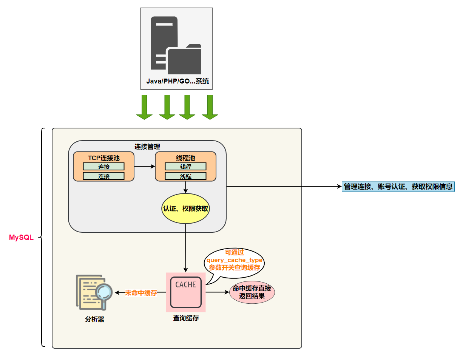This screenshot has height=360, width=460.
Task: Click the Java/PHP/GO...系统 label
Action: pyautogui.click(x=177, y=81)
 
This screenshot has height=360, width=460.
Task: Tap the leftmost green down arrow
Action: pyautogui.click(x=144, y=107)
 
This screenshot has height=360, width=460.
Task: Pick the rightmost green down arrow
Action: pyautogui.click(x=210, y=107)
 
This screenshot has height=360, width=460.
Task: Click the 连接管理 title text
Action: pyautogui.click(x=147, y=146)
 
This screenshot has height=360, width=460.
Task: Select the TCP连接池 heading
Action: pyautogui.click(x=103, y=158)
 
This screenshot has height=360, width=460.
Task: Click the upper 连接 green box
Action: pyautogui.click(x=103, y=167)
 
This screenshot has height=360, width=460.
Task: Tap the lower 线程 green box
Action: pyautogui.click(x=185, y=176)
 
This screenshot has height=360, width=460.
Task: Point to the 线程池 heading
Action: pyautogui.click(x=185, y=158)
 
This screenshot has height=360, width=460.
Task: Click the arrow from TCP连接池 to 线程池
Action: pyautogui.click(x=145, y=166)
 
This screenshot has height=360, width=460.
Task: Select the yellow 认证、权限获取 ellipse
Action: pyautogui.click(x=185, y=209)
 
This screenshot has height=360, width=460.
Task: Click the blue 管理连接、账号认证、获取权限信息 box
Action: pyautogui.click(x=398, y=187)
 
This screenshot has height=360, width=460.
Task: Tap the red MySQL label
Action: pyautogui.click(x=21, y=238)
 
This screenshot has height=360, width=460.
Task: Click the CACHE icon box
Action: pyautogui.click(x=185, y=292)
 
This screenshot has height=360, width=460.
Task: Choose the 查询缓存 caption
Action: pyautogui.click(x=186, y=318)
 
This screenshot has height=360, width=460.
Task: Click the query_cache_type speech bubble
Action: pyautogui.click(x=234, y=261)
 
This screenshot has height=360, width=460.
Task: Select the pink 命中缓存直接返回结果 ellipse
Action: pyautogui.click(x=252, y=292)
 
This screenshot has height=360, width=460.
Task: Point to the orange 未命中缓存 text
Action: pyautogui.click(x=141, y=293)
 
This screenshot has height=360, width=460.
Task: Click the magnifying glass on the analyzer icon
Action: pyautogui.click(x=103, y=292)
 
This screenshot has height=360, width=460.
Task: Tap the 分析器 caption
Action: pyautogui.click(x=94, y=320)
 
